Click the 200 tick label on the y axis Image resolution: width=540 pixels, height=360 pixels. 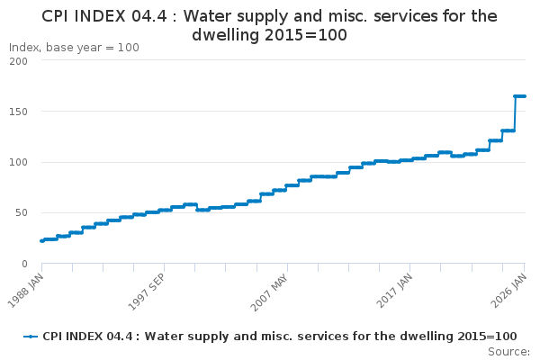point(17,61)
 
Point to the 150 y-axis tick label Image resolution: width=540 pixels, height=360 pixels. point(17,112)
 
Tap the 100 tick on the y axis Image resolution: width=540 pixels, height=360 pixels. point(17,163)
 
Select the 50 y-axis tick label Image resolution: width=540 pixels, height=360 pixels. point(21,213)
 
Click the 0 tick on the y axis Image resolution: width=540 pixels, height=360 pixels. point(24,264)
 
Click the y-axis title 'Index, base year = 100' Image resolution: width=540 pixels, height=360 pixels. point(74,48)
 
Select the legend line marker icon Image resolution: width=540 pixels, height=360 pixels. point(31,336)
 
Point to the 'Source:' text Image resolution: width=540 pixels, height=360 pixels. point(508,351)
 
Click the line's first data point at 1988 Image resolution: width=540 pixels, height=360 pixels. point(41,240)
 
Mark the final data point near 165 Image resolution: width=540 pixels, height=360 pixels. point(525,96)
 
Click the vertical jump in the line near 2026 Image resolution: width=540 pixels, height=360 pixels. point(515,113)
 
